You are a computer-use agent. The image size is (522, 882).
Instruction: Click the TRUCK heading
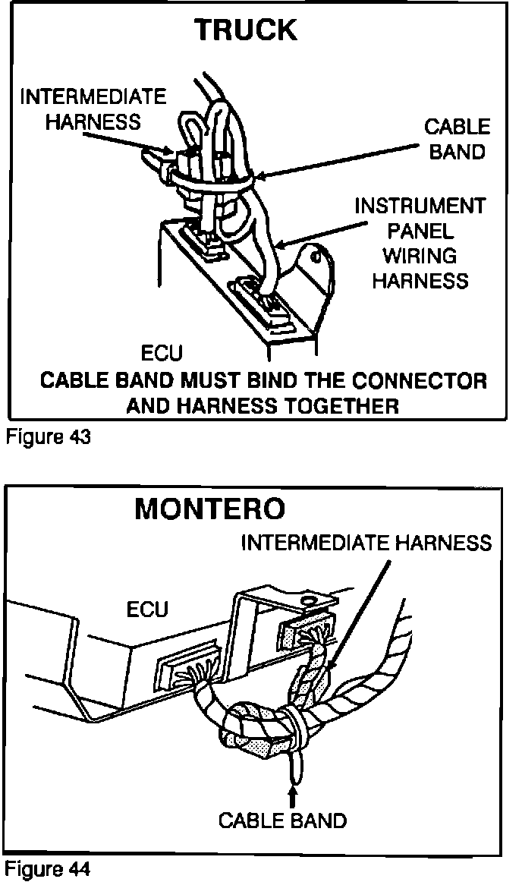pos(245,30)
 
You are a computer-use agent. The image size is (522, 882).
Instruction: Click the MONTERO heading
pos(210,509)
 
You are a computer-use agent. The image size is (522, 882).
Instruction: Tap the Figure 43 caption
pos(49,438)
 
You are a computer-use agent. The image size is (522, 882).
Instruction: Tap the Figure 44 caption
pos(49,868)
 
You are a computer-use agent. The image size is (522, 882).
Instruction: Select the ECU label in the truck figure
pos(162,354)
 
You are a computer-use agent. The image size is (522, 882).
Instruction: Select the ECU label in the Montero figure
pos(148,610)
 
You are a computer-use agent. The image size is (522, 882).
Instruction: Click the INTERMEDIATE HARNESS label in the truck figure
pos(93,109)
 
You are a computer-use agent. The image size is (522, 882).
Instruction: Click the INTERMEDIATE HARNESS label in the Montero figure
pos(366,543)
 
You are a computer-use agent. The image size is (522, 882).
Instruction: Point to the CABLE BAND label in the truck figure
pos(457,139)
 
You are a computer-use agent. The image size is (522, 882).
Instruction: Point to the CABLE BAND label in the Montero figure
pos(282,821)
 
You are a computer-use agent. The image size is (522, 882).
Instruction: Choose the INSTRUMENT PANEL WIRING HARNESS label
pos(420,244)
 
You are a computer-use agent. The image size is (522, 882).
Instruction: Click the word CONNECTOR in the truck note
pos(421,380)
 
